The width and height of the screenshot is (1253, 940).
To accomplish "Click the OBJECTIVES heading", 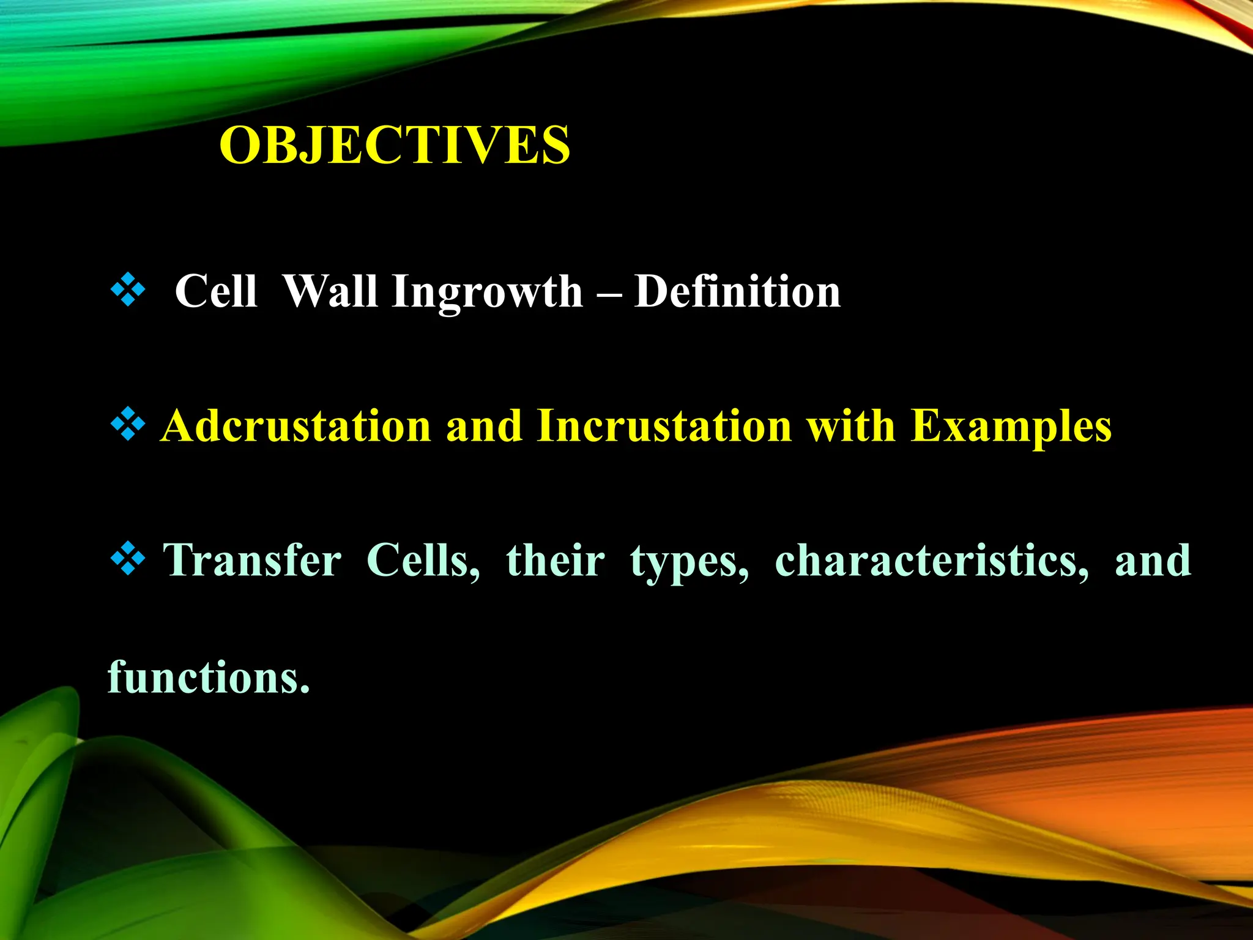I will click(x=395, y=146).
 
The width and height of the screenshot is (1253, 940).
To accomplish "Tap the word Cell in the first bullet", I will click(x=215, y=291).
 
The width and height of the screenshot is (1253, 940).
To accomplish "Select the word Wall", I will click(x=330, y=291).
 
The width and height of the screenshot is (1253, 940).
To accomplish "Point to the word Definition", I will click(x=737, y=291).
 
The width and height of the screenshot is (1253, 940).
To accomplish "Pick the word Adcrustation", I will click(x=296, y=426).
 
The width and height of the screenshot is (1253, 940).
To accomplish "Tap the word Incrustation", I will click(x=664, y=426).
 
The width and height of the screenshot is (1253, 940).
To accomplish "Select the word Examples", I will click(x=1011, y=426).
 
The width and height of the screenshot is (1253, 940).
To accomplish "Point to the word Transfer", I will click(x=252, y=561).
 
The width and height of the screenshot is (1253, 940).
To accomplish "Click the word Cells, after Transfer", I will click(x=423, y=561).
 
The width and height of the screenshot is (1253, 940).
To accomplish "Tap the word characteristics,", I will click(x=932, y=561).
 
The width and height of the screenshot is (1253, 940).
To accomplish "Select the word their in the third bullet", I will click(x=556, y=561).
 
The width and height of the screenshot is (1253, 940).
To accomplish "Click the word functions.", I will click(x=209, y=678).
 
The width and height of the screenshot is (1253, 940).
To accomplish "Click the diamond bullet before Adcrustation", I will click(x=128, y=424).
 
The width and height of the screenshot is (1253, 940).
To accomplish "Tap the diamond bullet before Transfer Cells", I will click(x=128, y=559).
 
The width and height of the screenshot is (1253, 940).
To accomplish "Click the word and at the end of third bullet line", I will click(x=1153, y=561).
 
